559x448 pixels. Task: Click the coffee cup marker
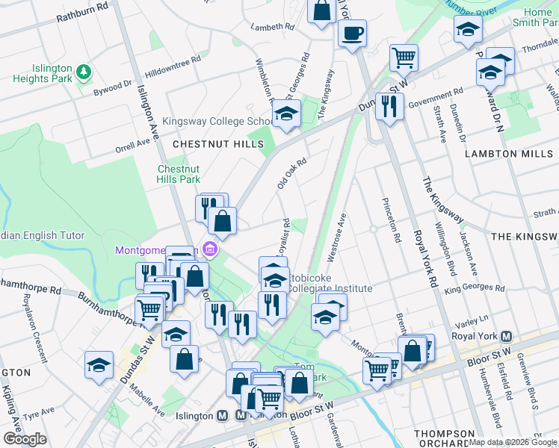352,34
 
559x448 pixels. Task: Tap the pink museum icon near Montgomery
211,249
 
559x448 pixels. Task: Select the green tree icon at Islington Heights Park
84,72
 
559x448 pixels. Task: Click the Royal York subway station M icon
507,337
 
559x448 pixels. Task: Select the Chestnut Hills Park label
179,174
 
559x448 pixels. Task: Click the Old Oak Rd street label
292,172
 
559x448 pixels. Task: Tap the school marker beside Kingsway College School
285,114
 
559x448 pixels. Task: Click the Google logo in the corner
25,438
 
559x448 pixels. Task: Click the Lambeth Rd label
274,27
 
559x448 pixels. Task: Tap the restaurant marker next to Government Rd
389,106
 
